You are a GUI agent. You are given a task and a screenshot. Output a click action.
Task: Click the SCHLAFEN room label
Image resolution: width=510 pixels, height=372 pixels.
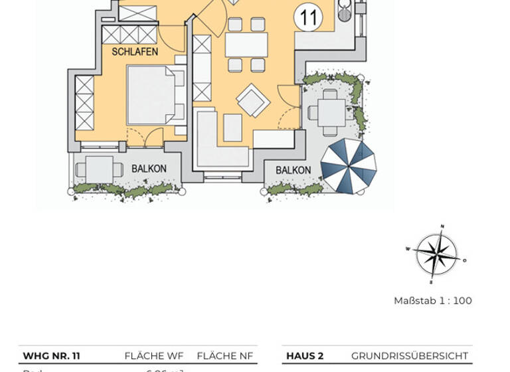click(135, 52)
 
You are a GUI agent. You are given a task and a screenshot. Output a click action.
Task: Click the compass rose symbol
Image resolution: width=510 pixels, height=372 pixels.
click(436, 253)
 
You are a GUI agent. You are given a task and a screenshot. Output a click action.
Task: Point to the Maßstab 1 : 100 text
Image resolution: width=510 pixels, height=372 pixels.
click(432, 301)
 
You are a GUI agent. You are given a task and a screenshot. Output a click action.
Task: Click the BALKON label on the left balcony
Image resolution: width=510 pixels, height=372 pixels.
click(149, 169)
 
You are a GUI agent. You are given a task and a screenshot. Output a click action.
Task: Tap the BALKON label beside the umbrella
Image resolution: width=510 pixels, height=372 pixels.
click(293, 170)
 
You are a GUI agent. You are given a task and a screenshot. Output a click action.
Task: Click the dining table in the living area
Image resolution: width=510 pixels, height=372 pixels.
click(246, 45)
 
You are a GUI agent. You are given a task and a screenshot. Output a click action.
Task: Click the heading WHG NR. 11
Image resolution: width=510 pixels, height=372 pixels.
click(51, 356)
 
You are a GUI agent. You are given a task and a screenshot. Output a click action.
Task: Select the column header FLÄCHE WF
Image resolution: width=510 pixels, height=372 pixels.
click(153, 356)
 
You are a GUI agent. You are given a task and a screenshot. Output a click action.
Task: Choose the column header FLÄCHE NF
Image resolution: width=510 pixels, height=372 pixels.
click(224, 356)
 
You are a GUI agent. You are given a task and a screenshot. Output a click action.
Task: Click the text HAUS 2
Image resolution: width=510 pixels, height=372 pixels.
click(304, 356)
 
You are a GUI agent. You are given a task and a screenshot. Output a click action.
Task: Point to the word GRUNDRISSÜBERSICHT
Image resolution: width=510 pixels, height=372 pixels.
click(409, 356)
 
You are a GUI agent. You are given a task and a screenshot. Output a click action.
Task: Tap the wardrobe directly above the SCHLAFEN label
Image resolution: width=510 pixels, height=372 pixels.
click(129, 35)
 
